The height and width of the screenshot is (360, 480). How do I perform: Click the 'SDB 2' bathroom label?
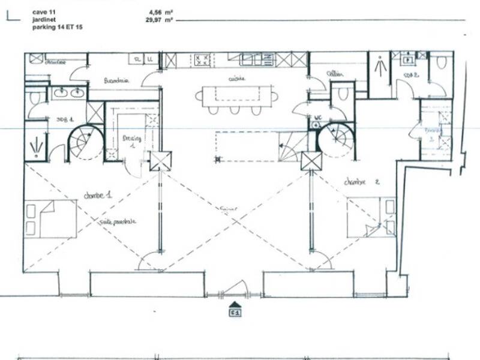[412, 75]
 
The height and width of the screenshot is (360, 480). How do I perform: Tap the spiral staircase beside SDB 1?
[85, 142]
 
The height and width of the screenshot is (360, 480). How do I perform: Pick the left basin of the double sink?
[60, 92]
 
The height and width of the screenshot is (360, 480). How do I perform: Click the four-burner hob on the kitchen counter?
[202, 59]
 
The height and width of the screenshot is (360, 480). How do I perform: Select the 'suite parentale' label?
[118, 221]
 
